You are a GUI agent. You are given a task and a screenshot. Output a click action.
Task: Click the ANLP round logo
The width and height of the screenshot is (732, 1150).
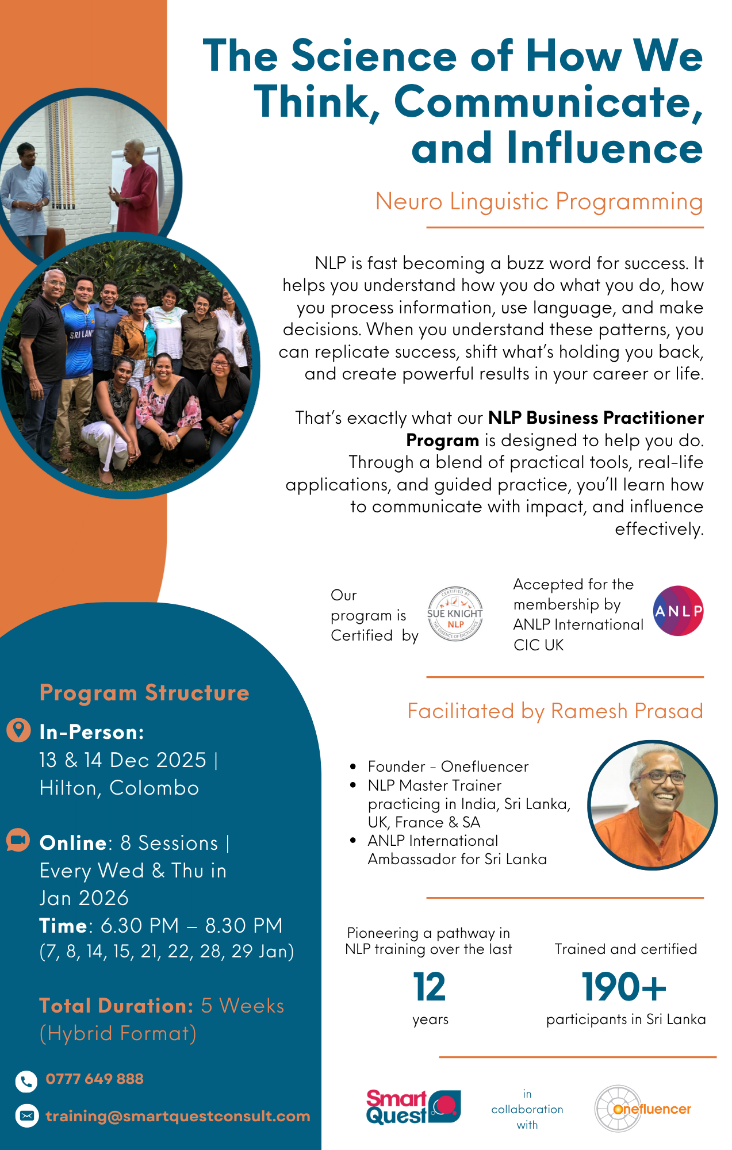coord(678,611)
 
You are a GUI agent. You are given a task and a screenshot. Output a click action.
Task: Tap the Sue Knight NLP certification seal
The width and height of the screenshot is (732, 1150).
coord(455,615)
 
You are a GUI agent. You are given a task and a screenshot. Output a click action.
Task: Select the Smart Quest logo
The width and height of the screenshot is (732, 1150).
coord(413,1107)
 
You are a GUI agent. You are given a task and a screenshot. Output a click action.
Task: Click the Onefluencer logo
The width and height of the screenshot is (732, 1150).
coord(642,1109)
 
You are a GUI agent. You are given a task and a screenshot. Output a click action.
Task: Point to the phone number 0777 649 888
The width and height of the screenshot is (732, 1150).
coord(94,1079)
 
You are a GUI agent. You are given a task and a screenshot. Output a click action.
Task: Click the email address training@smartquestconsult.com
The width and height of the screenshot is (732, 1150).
coord(178,1116)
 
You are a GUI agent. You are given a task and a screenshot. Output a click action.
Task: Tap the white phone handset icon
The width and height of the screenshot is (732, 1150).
coord(26,1081)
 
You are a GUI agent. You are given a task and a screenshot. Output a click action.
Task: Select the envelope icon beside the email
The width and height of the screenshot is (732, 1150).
coord(26,1116)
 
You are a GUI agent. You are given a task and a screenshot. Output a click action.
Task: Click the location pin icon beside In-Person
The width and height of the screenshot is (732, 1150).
coord(18,730)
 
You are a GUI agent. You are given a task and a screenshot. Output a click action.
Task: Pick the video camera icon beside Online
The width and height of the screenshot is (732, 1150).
coord(18,841)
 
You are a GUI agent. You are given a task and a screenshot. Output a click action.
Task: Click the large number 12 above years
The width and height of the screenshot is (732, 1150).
coord(429,987)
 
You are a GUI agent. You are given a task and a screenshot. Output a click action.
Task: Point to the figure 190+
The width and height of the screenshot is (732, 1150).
coord(623,987)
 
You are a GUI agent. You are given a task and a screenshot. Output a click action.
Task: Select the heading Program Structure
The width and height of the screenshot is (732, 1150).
coord(144,693)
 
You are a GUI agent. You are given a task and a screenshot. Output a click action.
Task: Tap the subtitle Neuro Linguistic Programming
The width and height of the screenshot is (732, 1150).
coord(539,202)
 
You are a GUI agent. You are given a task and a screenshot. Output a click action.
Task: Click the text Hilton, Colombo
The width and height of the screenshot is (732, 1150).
coord(119,788)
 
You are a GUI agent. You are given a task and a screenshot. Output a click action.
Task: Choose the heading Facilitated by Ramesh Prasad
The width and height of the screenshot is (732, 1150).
coord(555,711)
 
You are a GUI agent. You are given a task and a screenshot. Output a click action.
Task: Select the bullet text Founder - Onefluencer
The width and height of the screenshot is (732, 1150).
coord(448,766)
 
